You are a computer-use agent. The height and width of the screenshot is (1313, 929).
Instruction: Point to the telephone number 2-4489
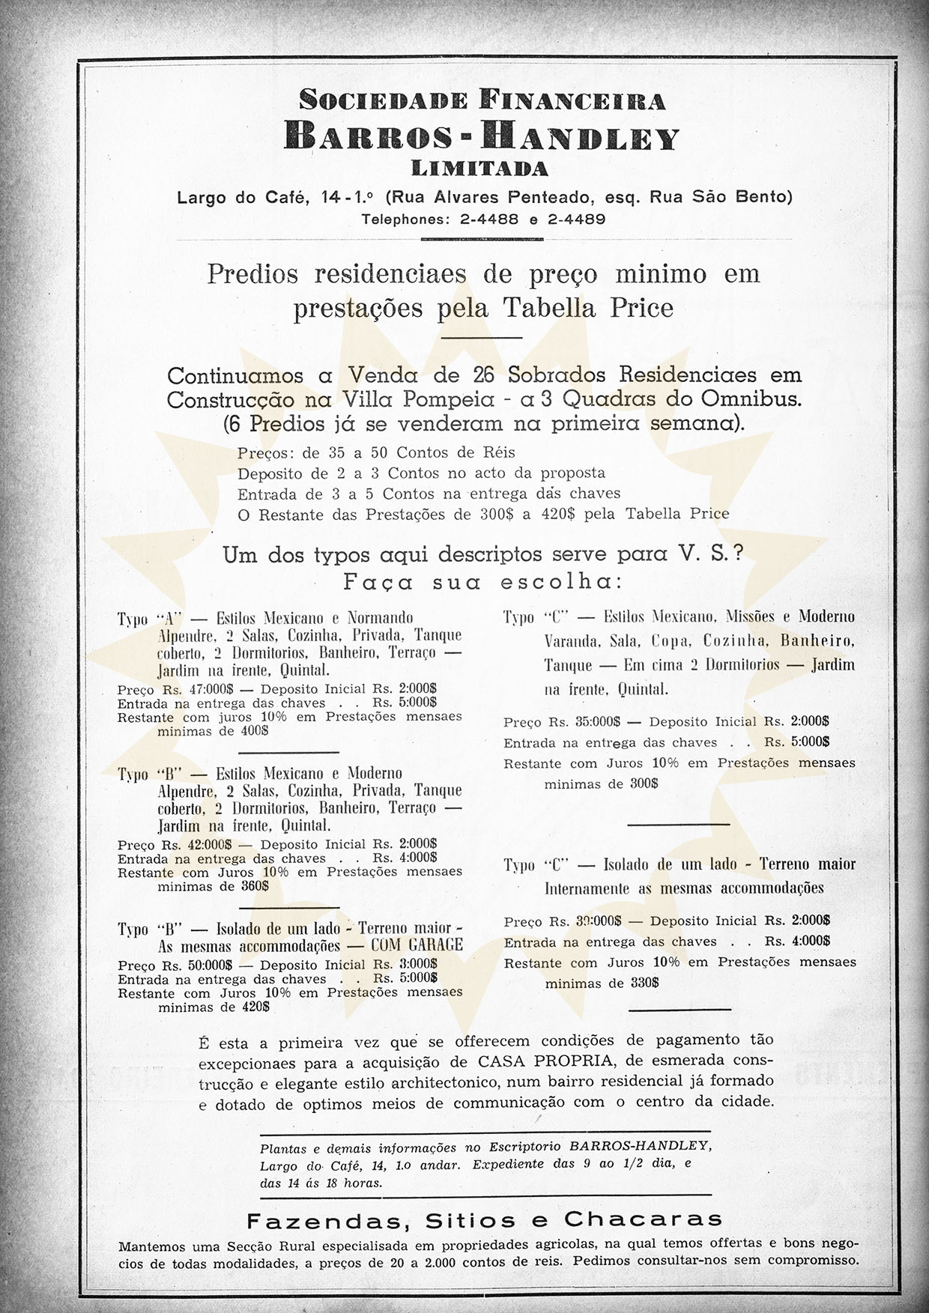tap(576, 220)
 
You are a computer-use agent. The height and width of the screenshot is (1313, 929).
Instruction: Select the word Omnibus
tap(750, 398)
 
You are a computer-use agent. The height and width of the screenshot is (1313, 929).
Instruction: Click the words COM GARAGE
tap(417, 945)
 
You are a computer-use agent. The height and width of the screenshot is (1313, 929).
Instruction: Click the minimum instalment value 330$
tap(644, 983)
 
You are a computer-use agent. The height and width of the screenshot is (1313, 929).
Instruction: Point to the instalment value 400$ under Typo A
tap(255, 731)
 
